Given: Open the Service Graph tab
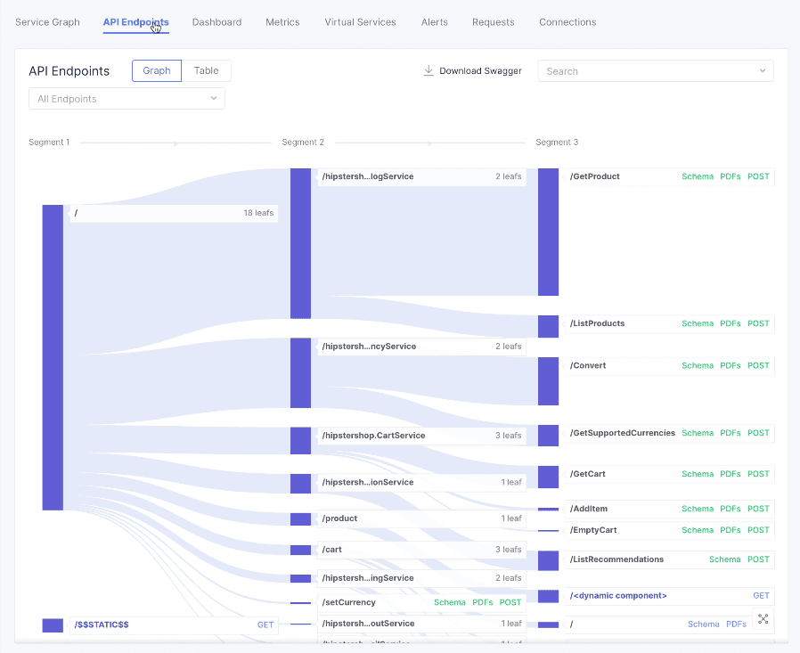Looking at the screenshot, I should tap(47, 22).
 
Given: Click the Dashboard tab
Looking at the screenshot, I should tap(216, 22).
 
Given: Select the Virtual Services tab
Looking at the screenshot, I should tap(360, 22).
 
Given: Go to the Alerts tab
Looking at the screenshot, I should tap(435, 22).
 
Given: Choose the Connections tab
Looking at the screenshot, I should tap(567, 22).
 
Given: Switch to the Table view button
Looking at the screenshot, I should tap(207, 71).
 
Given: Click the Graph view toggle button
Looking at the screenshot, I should tap(157, 71).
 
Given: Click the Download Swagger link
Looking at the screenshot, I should tap(472, 71).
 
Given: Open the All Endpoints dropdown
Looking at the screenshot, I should tap(127, 99).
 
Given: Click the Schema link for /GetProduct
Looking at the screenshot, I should tap(698, 176).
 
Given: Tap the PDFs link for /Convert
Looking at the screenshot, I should tap(730, 366).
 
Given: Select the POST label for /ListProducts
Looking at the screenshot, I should tap(758, 323).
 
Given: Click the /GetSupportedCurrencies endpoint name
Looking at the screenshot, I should tap(623, 433).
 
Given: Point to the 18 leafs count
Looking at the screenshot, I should tap(258, 213).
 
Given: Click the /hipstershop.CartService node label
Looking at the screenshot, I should tap(373, 436).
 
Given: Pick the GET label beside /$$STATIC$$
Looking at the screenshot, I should tap(265, 624).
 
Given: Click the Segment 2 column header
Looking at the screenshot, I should tap(303, 143).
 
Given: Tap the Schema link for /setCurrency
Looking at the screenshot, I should tap(449, 603).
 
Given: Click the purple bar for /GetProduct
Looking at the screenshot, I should tap(548, 232).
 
